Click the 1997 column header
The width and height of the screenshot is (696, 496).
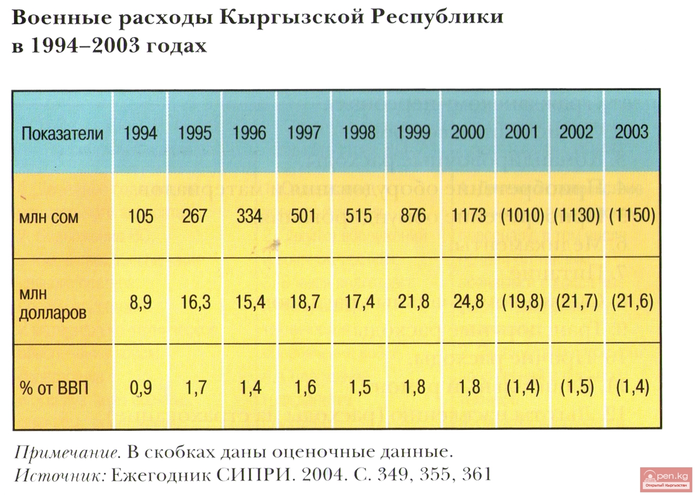[x=304, y=133]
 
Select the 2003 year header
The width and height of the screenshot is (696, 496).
[x=631, y=132]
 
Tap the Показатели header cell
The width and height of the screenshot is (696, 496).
[x=62, y=134]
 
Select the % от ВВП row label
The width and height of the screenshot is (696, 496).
[x=54, y=388]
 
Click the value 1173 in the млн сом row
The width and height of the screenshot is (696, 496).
[x=468, y=216]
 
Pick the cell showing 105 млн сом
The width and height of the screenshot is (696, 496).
[x=141, y=216]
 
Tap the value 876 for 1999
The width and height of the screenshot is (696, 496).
[x=413, y=216]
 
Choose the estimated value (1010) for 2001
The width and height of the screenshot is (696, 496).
[x=522, y=216]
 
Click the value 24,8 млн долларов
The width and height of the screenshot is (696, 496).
[x=468, y=302]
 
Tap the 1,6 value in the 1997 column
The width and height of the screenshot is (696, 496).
[x=305, y=388]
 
